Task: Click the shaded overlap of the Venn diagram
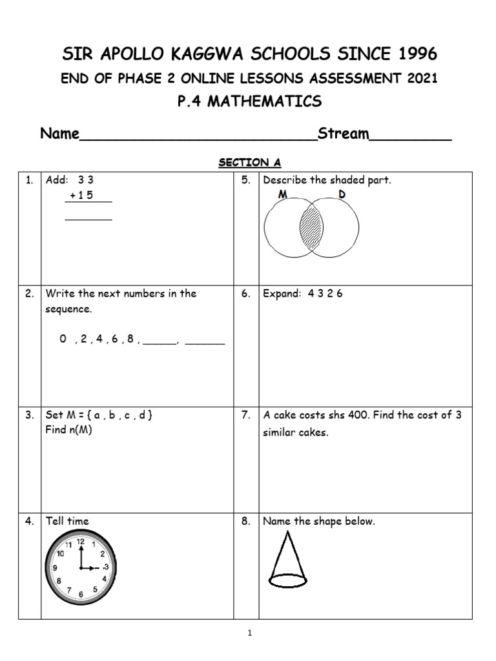[311, 228]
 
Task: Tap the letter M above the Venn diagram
[283, 194]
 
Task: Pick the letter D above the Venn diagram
[342, 194]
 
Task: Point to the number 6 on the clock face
[81, 594]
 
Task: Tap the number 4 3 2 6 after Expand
[325, 294]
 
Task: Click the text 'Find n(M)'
[69, 430]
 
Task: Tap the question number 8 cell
[246, 522]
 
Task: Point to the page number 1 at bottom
[249, 634]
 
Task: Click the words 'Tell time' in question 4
[67, 522]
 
